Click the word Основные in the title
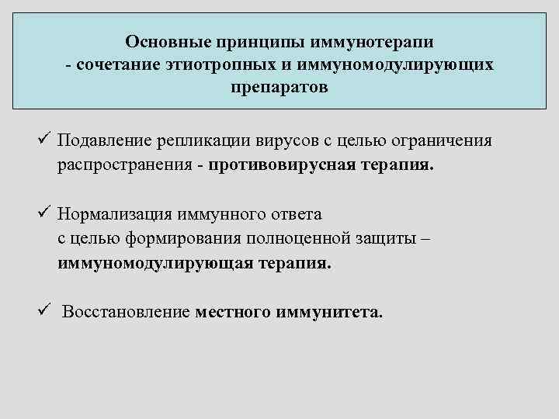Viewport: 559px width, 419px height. point(165,40)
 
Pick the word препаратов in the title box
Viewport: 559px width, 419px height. point(279,88)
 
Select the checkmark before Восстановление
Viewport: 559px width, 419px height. point(43,311)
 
